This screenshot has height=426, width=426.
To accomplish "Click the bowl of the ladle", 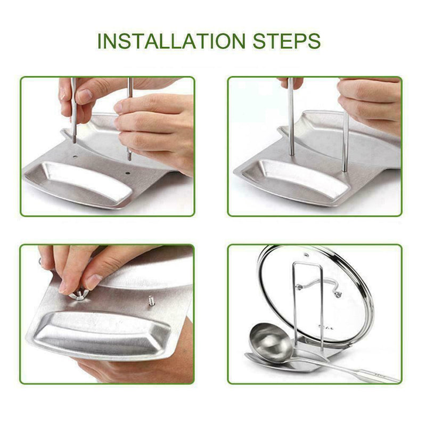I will [x=271, y=341].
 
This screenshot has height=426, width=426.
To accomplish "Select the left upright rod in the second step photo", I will [x=291, y=117].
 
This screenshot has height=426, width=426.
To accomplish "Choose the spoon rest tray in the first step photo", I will [x=80, y=184].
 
